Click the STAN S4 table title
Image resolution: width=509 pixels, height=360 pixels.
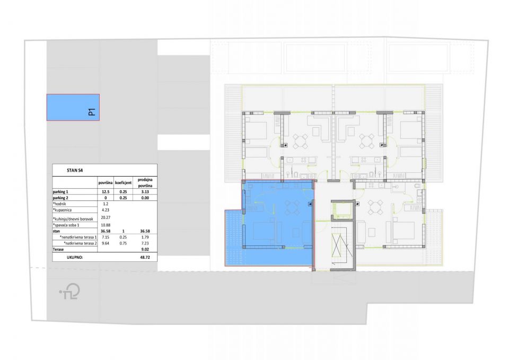(75, 170)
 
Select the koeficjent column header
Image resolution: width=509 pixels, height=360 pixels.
(124, 183)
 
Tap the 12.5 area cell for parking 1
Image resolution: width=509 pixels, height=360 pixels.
(106, 192)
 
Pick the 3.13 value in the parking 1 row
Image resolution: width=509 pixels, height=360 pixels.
(145, 192)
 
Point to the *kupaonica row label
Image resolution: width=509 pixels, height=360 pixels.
(62, 210)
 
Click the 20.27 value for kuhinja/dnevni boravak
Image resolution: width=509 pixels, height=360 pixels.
(106, 217)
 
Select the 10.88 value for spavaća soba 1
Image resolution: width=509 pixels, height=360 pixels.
(106, 225)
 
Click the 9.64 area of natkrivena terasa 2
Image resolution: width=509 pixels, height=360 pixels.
(106, 243)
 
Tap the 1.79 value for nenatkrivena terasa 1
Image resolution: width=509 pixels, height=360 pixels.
(145, 238)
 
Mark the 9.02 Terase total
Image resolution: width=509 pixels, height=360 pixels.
(145, 250)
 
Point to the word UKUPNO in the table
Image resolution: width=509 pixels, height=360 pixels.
(75, 257)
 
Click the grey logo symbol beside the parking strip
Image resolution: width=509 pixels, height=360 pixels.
(69, 292)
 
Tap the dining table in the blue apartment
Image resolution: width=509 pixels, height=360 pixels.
(292, 207)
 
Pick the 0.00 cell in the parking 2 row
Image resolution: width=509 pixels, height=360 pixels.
(145, 198)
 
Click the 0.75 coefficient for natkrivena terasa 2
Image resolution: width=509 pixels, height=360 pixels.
(124, 243)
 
